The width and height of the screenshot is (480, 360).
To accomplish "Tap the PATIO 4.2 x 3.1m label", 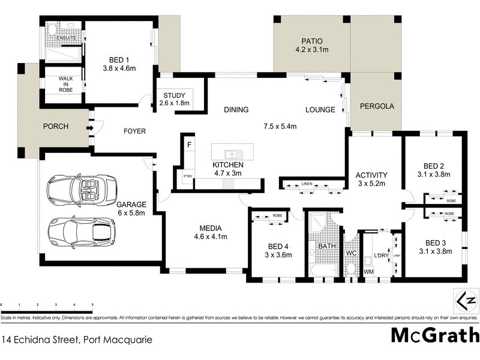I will tap(311, 46).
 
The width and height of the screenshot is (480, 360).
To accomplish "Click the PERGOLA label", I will tap(377, 106).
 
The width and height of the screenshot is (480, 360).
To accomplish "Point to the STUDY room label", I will tap(173, 99).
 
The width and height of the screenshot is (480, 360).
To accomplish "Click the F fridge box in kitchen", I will tap(189, 145).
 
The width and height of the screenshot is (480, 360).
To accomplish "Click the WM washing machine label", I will tap(368, 272).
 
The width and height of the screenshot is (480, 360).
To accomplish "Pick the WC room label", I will tap(351, 254).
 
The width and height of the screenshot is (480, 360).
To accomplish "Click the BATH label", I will tap(327, 247).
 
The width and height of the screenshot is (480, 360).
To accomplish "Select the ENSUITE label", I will tap(65, 38).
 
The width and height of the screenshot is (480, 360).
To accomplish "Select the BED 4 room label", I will tap(278, 250).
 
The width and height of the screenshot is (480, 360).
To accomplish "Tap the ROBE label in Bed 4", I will tap(277, 215).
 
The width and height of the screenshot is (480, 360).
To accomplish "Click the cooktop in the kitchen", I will tap(228, 184).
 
